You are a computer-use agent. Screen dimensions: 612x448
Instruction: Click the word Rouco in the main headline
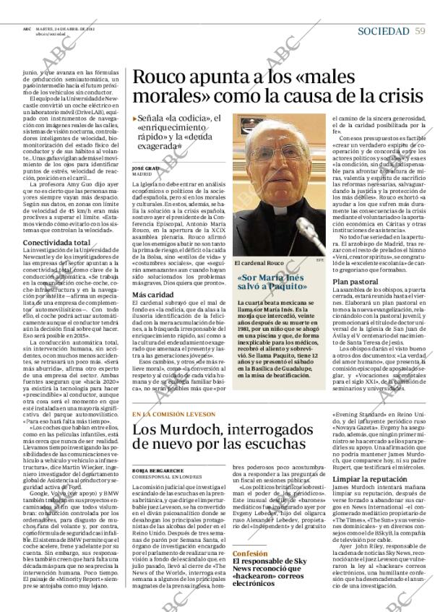pyautogui.click(x=160, y=78)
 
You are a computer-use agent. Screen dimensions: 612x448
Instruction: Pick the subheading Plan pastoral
pyautogui.click(x=356, y=281)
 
